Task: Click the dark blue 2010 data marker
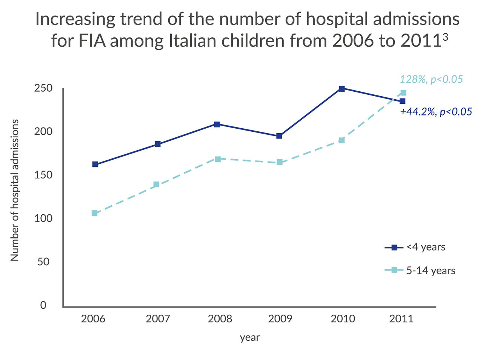341,89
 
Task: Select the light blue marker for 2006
94,213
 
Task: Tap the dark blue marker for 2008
217,124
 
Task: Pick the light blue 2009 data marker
280,162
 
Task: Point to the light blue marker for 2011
403,93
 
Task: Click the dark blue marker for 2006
95,164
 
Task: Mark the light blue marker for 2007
157,185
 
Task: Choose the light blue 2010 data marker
341,140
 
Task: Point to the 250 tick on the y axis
43,88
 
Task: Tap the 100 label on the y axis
43,218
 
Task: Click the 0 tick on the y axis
43,305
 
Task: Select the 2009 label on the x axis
280,319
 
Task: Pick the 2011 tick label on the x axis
401,319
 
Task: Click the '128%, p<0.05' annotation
431,79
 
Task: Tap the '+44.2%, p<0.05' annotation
436,112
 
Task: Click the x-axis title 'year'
250,337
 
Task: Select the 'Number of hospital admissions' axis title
15,190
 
